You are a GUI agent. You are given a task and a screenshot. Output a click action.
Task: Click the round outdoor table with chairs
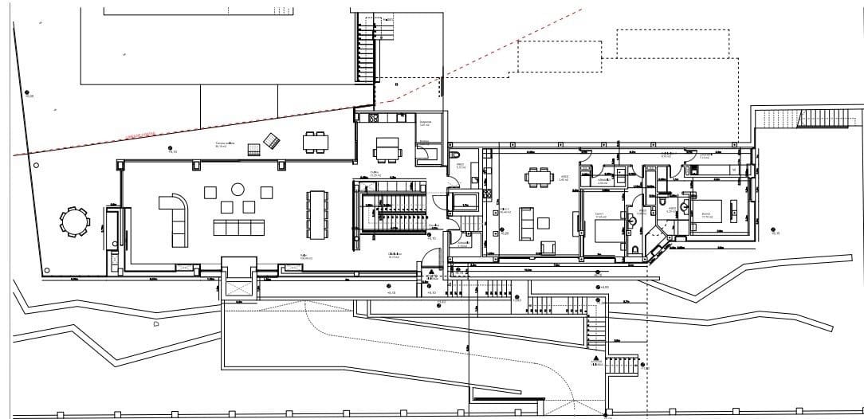[x=74, y=221]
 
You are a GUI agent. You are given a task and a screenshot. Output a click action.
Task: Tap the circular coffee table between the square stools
[x=238, y=190]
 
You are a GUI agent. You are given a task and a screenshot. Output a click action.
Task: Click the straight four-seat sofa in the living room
[x=238, y=228]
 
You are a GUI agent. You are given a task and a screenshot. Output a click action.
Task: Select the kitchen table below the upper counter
[x=389, y=149]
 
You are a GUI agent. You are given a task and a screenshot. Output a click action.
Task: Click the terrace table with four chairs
[x=314, y=143]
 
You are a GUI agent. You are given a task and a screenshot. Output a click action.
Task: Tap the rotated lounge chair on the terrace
[x=273, y=140]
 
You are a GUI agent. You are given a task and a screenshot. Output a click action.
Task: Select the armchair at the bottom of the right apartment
[x=548, y=247]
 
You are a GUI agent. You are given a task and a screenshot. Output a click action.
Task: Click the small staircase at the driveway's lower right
[x=623, y=366]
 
